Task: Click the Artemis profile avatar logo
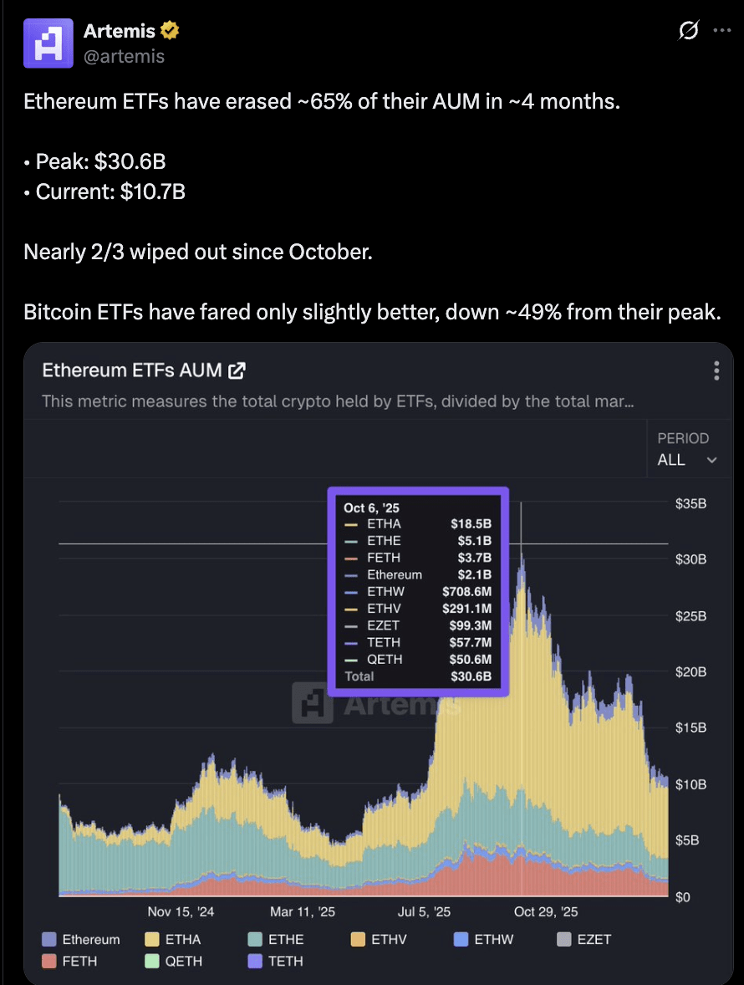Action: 48,43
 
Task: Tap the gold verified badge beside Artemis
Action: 170,30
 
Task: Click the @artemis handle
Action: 124,57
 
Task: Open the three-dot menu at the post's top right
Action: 722,30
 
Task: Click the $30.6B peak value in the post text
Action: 130,161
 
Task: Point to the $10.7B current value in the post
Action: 153,191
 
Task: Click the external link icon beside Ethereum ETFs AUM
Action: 237,370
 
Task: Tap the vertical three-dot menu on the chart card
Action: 716,370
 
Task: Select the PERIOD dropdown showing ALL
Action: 687,460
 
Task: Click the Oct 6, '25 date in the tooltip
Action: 372,508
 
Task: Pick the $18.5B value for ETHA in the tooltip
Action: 471,524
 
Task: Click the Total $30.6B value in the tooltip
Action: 471,676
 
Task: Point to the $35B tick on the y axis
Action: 690,504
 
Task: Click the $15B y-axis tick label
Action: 690,728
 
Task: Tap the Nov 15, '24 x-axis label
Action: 181,911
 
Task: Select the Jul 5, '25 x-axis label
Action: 424,911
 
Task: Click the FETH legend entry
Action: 69,961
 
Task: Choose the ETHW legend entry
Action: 483,939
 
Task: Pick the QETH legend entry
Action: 173,961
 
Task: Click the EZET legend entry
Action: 583,939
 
